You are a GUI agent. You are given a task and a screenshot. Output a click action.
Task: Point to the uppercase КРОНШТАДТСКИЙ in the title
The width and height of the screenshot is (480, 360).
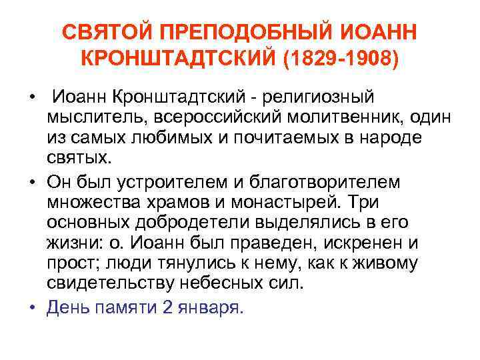point(179,60)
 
